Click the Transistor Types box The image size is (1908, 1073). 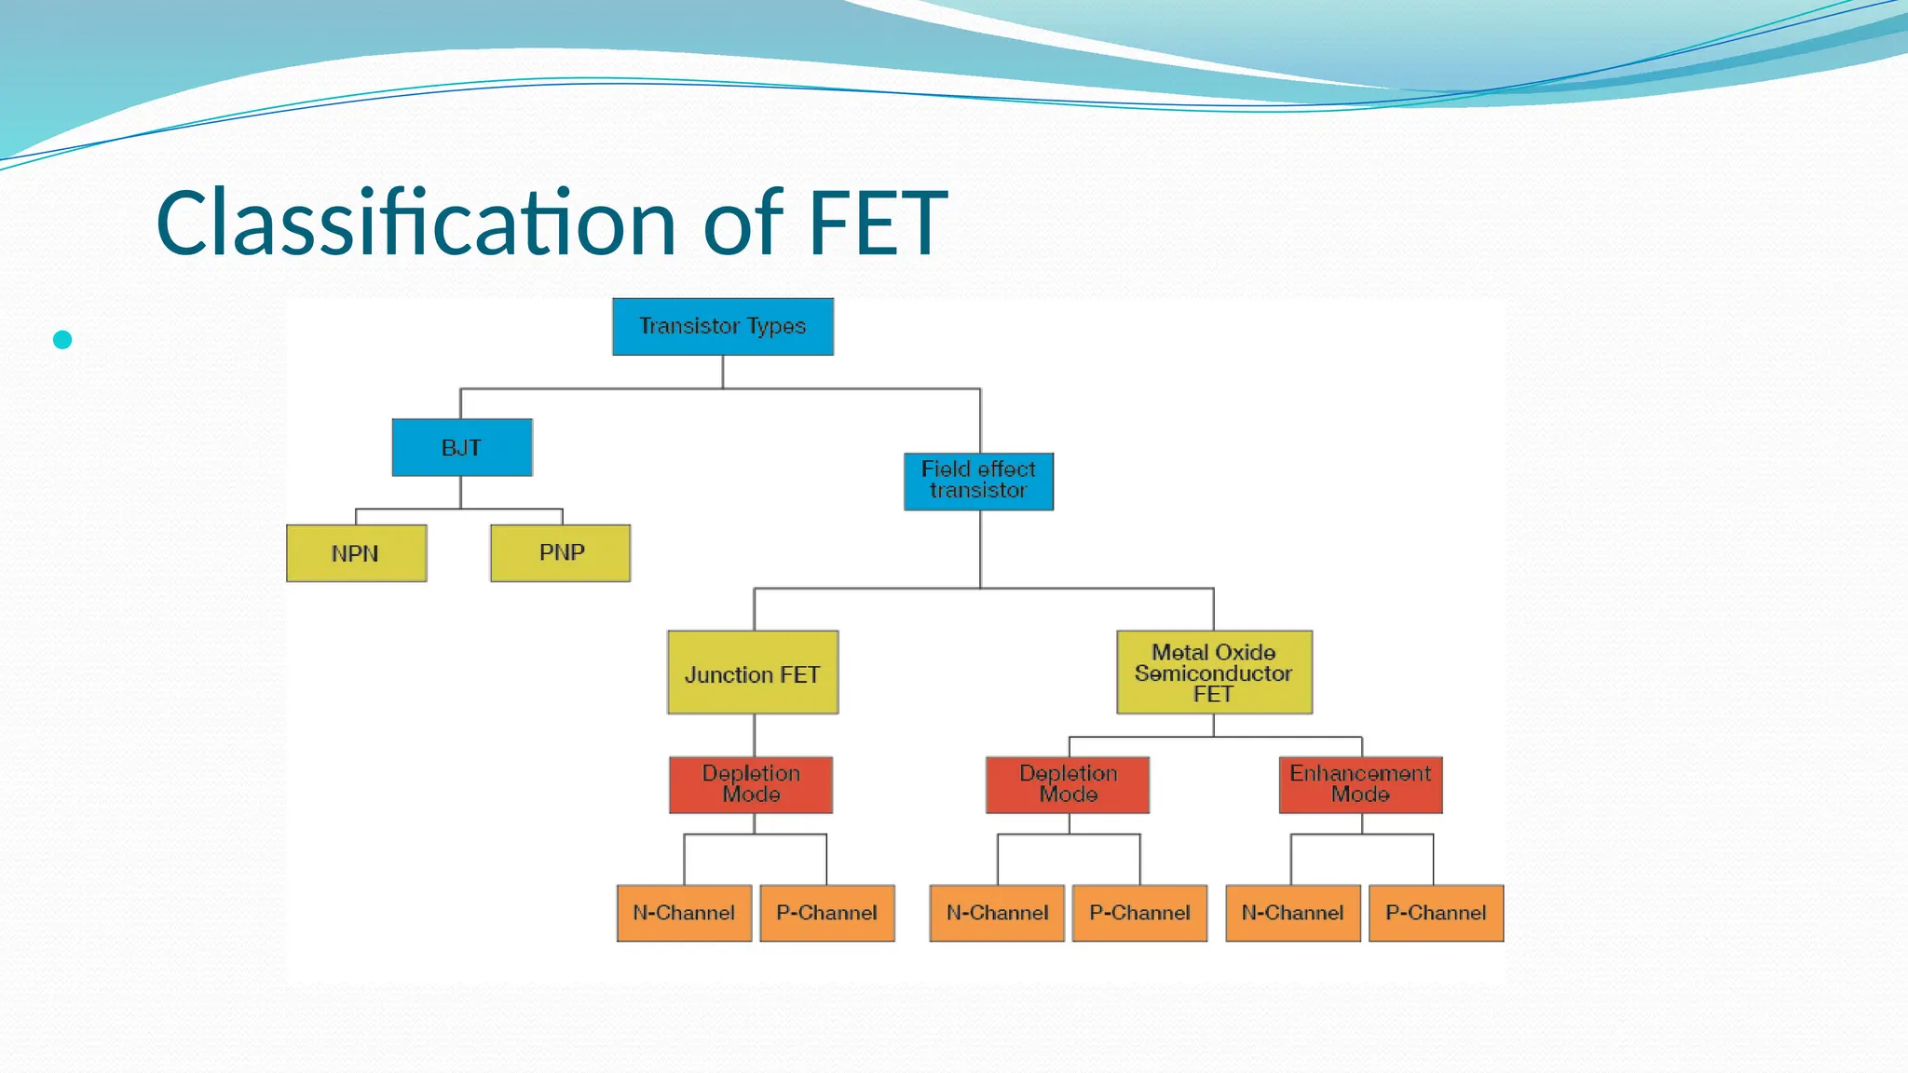tap(723, 327)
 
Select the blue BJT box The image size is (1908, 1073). tap(462, 448)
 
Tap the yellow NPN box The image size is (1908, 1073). tap(357, 553)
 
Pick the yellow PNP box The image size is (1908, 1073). tap(561, 553)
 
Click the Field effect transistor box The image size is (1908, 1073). tap(979, 482)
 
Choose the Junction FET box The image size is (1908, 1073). tap(753, 672)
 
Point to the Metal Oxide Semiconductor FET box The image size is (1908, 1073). tap(1214, 672)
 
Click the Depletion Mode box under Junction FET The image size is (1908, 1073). tap(751, 785)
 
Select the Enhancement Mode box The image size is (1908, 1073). tap(1360, 785)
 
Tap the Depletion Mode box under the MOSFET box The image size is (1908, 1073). tap(1068, 785)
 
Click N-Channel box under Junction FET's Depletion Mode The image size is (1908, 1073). tap(684, 913)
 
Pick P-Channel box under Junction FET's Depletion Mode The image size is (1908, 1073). tap(827, 913)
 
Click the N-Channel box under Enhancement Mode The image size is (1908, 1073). tap(1293, 913)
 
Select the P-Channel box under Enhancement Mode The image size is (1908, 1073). tap(1436, 913)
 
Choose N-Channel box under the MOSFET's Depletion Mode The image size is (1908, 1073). tap(997, 913)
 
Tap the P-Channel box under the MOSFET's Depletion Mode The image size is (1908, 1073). tap(1139, 913)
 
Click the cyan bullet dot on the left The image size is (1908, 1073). tap(62, 340)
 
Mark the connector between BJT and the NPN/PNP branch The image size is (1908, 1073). tap(460, 495)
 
